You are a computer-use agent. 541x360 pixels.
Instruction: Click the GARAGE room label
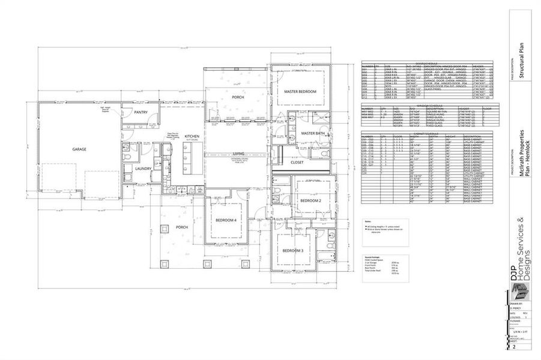pos(79,149)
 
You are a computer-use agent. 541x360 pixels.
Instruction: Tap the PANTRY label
pos(141,112)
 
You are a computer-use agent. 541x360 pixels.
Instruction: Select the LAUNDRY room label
pos(143,169)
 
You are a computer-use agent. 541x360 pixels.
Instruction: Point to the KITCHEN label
pos(192,137)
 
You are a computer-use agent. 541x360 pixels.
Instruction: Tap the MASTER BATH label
pos(312,133)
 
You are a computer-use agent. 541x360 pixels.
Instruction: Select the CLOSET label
pos(298,162)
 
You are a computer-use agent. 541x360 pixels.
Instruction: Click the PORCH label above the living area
pos(238,97)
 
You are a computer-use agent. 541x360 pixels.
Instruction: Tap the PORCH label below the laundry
pos(183,228)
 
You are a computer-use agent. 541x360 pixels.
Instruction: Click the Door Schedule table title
pos(427,62)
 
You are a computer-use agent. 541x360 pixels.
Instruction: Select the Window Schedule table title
pos(427,104)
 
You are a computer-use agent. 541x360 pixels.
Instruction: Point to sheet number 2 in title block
pos(515,347)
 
